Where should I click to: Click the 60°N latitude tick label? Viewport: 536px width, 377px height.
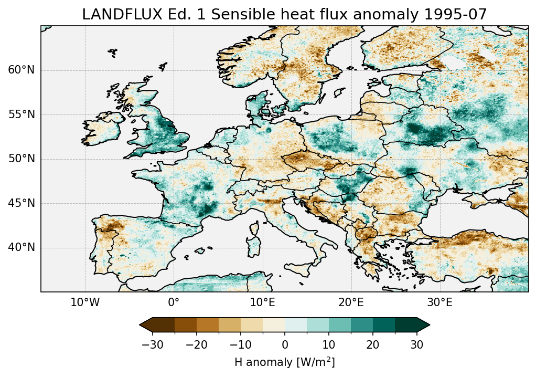click(21, 70)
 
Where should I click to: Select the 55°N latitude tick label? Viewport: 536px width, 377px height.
click(21, 114)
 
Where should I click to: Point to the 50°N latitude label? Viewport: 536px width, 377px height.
click(21, 159)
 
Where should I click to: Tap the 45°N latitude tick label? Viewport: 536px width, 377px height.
click(21, 203)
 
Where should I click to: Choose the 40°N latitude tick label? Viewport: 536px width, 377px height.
click(21, 247)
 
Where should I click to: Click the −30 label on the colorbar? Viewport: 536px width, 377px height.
click(153, 344)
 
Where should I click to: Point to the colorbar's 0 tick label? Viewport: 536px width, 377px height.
click(285, 344)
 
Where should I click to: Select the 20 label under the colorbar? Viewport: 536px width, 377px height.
click(373, 344)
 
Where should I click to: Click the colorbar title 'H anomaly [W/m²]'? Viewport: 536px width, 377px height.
click(284, 362)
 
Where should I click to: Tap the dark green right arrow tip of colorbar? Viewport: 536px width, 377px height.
click(425, 325)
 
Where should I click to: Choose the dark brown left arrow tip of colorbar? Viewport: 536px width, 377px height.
click(144, 325)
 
